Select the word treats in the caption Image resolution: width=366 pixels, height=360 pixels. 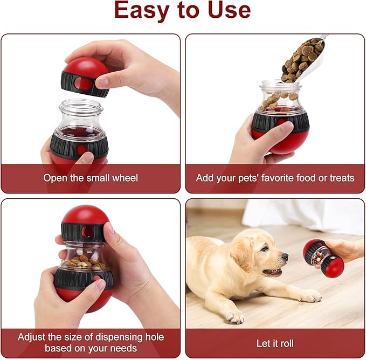coord(341,178)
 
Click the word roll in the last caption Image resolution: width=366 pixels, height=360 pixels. coord(286,343)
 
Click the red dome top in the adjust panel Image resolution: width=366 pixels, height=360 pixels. coord(85,216)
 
